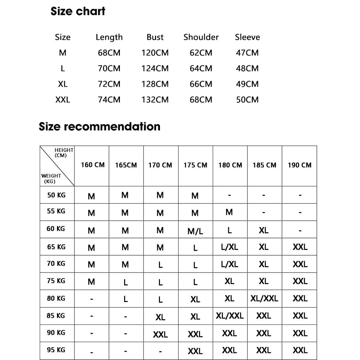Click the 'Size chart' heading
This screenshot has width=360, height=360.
point(78,11)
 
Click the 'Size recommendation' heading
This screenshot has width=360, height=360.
point(99,127)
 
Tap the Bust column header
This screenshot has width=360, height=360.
point(155,37)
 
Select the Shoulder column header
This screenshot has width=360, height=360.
point(201,37)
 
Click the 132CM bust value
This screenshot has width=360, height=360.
point(155,100)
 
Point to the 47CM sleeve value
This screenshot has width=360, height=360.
point(247,53)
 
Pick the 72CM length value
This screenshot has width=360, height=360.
point(109,84)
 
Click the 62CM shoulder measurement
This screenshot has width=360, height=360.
point(201,53)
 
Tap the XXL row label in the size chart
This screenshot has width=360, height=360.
point(63,100)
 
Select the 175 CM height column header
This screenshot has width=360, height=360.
point(195,165)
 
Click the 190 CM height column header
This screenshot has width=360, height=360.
point(300,165)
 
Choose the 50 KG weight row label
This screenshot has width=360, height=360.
point(56,195)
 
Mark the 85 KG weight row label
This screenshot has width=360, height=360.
point(56,316)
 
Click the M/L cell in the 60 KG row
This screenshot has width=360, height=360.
point(195,231)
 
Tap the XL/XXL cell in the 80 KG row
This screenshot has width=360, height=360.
point(264,299)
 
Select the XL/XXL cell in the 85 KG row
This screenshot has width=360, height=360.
point(230,316)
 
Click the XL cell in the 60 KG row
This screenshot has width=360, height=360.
point(264,231)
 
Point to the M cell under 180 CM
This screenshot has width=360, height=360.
point(229,212)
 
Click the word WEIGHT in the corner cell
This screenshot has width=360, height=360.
point(51,176)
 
